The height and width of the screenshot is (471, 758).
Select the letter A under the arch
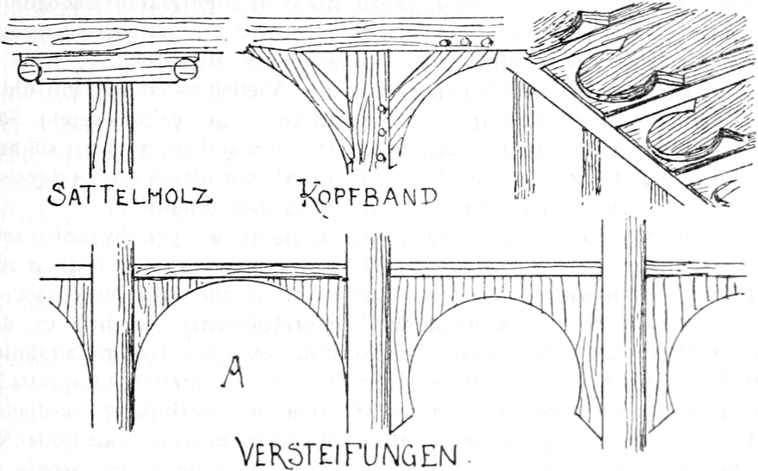pos(230,374)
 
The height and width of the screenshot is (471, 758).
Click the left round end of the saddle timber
pos(29,69)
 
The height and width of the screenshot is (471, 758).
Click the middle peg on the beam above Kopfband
pos(466,40)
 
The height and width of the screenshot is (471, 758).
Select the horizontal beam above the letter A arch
pos(241,270)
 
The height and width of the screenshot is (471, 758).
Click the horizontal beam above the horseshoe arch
pos(495,269)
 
